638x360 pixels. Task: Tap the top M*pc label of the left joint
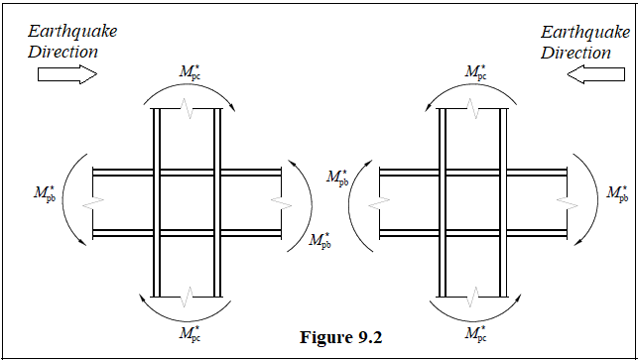click(188, 71)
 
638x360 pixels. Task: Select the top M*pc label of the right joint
click(475, 71)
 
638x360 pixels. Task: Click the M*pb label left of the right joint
click(336, 178)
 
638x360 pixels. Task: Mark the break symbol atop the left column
click(188, 109)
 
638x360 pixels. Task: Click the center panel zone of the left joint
click(188, 201)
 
